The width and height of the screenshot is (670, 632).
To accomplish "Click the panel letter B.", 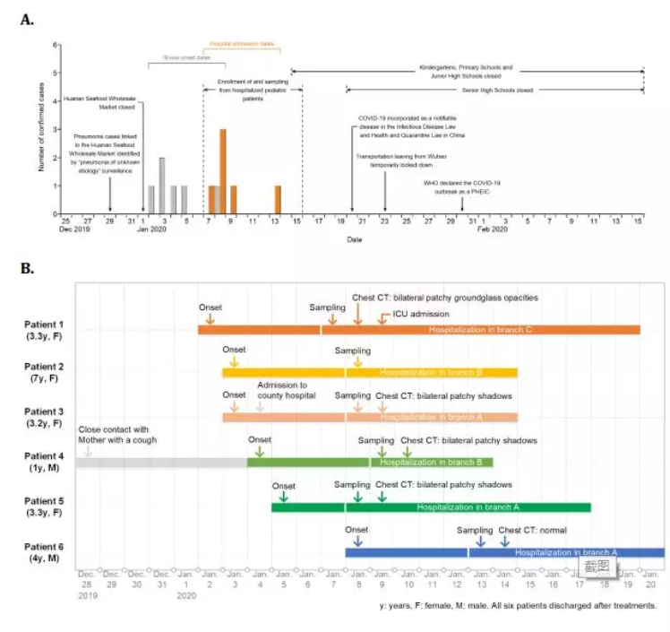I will [x=27, y=268].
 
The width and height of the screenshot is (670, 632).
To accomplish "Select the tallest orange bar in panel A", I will [x=223, y=171].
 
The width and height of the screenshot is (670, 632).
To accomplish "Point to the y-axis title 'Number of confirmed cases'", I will [x=41, y=129].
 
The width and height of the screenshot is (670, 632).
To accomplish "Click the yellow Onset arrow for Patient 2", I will [x=234, y=361].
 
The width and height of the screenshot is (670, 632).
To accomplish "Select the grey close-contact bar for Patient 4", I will [x=161, y=462].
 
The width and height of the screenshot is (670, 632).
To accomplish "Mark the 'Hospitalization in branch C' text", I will [x=480, y=329].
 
